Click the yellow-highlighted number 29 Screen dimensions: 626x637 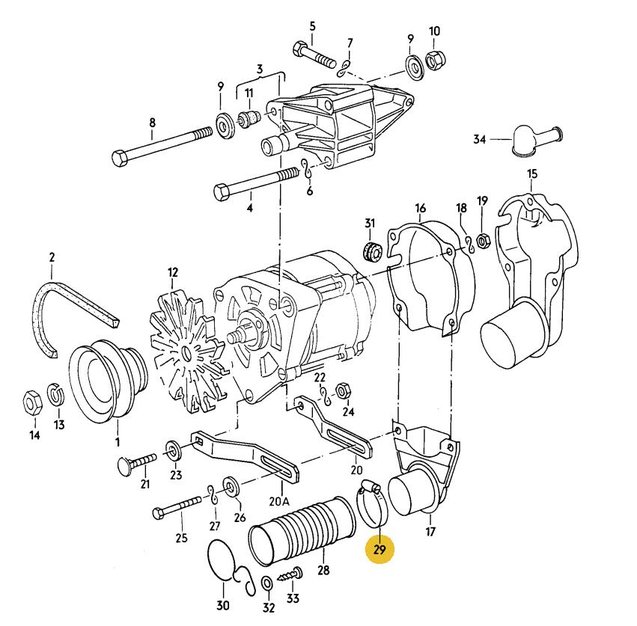point(380,551)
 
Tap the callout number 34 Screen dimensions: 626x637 point(480,139)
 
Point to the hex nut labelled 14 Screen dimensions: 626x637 point(34,403)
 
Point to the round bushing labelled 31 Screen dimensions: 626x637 point(369,250)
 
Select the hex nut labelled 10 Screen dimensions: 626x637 point(433,59)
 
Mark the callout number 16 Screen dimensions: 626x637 point(420,207)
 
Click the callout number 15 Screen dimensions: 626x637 point(531,174)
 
